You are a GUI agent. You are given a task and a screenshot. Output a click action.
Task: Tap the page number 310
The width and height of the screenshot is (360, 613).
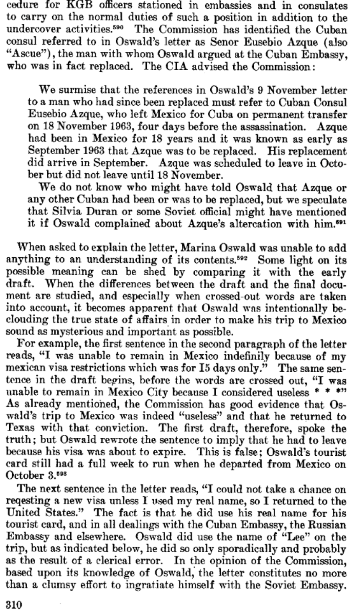tap(14, 604)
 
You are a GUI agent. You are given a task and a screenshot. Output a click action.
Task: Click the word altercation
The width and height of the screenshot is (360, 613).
tap(263, 224)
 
